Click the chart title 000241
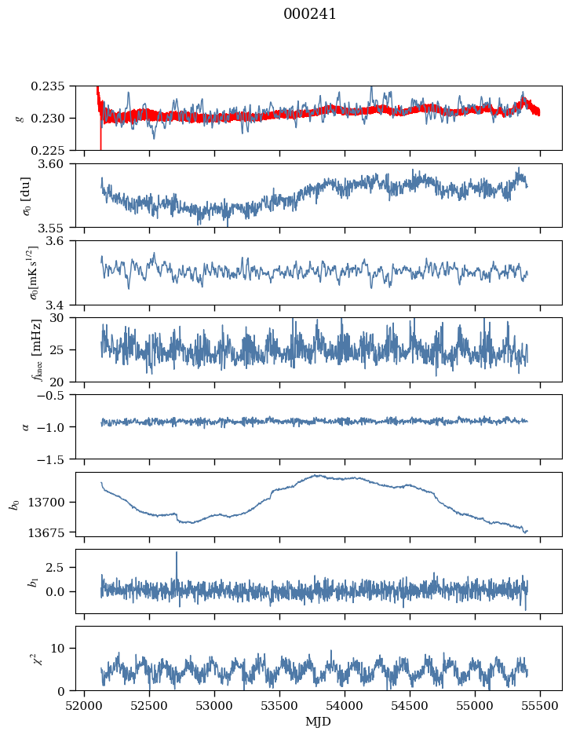click(310, 14)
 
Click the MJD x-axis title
click(319, 721)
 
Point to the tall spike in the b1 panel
click(177, 554)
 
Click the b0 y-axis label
click(13, 503)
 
